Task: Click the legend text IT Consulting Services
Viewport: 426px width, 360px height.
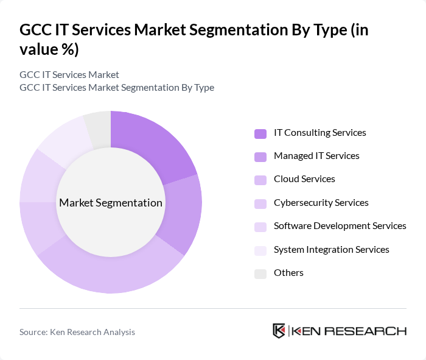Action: (319, 133)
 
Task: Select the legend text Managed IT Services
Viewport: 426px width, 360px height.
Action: (316, 156)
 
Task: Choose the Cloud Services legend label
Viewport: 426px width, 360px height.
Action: (304, 179)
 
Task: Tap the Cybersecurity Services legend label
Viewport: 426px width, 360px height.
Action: (321, 203)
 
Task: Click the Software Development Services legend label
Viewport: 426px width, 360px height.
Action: (340, 226)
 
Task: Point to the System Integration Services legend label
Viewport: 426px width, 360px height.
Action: (331, 250)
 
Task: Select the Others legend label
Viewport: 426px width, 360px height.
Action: (288, 273)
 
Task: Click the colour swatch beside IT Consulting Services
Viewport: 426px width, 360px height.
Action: (260, 133)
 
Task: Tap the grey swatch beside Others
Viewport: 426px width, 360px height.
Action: (260, 274)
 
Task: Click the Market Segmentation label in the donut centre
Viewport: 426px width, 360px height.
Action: (111, 203)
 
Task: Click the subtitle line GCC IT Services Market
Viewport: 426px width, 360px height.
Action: (69, 75)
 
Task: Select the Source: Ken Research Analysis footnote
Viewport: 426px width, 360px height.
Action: (77, 332)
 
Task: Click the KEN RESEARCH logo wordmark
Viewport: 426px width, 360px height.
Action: (349, 331)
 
